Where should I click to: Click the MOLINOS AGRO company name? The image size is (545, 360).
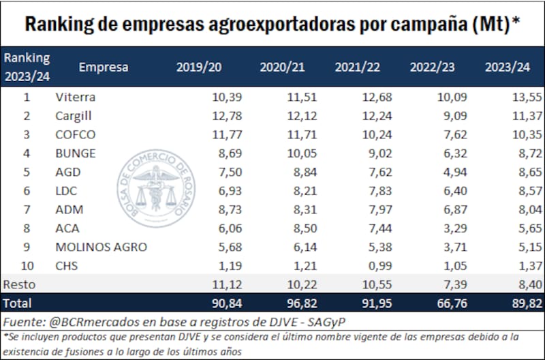pos(101,246)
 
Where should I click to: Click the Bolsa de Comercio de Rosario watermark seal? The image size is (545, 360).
pos(155,192)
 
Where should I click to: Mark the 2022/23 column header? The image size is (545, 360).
pos(431,67)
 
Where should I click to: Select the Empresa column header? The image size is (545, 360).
pos(104,67)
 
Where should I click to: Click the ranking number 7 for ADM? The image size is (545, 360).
pos(27,209)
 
